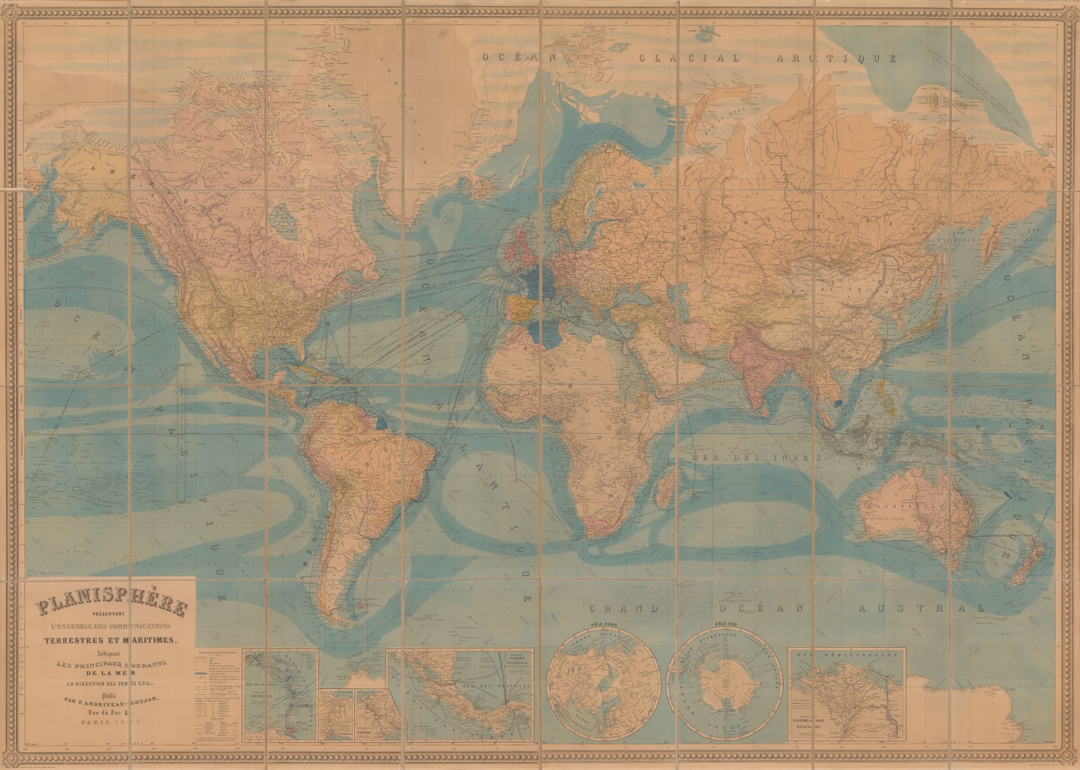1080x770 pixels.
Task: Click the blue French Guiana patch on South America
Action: [383, 423]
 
